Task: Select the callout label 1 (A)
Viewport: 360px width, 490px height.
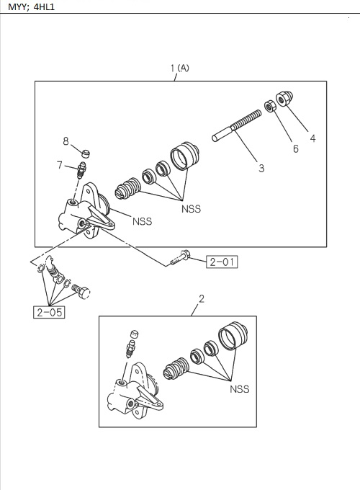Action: [x=179, y=68]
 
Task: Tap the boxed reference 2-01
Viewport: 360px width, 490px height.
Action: [x=222, y=262]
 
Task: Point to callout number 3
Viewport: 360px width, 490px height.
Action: [x=261, y=169]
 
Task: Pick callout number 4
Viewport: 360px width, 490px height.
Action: [x=312, y=139]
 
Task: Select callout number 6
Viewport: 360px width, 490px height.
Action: [x=295, y=149]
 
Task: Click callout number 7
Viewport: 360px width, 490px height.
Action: [x=60, y=166]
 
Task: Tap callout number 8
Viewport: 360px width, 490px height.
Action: [x=66, y=141]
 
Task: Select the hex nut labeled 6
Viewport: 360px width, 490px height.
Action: [x=271, y=107]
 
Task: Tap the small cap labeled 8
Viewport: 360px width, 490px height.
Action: [x=86, y=152]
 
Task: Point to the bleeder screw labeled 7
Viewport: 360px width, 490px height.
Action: [x=81, y=171]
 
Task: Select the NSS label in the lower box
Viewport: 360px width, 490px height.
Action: [x=239, y=389]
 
